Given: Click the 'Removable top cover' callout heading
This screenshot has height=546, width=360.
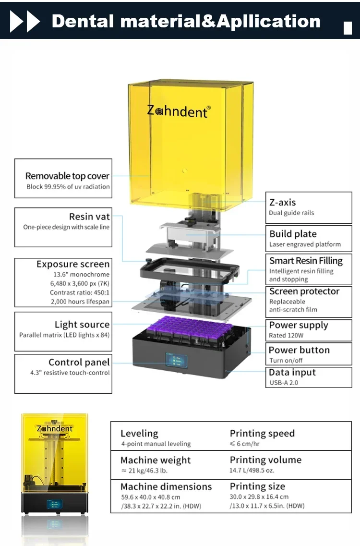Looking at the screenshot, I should coord(68,176).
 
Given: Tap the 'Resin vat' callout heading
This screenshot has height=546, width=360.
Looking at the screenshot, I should coord(89,217).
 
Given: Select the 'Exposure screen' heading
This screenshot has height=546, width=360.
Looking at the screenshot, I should coord(73,264).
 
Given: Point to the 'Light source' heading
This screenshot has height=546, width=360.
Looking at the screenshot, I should coord(82,325).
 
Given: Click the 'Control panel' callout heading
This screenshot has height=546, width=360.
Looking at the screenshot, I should coord(79,362).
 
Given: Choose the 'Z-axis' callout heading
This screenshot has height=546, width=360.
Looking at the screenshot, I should coord(282,202).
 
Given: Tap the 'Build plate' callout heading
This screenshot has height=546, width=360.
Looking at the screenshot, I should coord(293,234).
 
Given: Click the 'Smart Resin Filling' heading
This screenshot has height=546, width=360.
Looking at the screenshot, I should coord(306,261).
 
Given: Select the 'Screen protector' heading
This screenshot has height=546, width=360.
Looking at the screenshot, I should coord(304,291).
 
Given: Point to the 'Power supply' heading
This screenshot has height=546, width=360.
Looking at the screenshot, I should coord(299,325).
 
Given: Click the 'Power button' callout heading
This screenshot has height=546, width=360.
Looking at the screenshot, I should coord(299,350).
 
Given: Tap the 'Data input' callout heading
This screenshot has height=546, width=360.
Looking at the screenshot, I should coord(292,372).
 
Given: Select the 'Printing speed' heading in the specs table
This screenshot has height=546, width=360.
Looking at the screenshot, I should coord(262,433).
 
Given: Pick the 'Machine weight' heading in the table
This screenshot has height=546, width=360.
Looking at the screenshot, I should coord(156,460).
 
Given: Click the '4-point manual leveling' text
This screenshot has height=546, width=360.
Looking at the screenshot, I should coord(156,444).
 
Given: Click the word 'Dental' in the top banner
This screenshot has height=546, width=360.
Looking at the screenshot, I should coord(83,21).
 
